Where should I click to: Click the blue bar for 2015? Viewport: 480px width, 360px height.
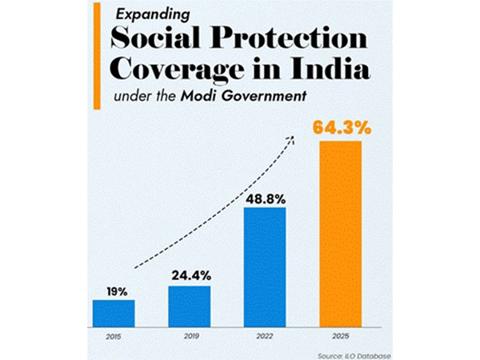[x=114, y=312]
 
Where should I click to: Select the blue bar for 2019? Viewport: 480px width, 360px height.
[x=189, y=305]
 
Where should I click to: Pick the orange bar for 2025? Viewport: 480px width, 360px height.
[x=341, y=233]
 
